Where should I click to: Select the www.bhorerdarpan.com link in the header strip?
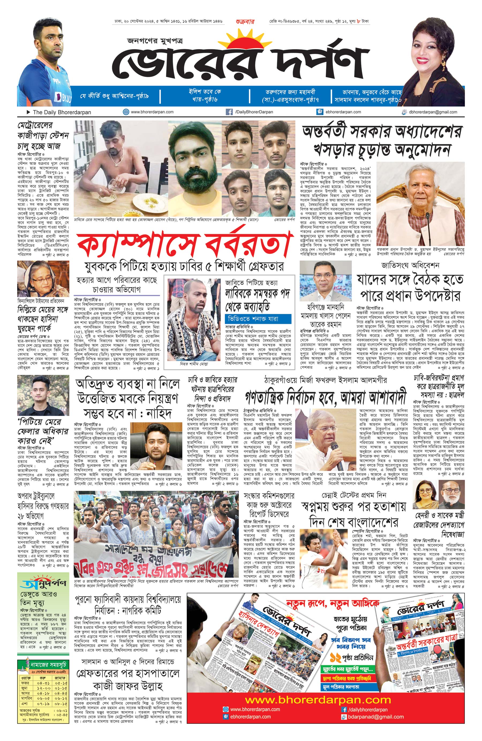152,112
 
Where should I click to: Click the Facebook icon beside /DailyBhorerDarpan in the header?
229,112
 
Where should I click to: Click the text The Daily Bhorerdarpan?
62,112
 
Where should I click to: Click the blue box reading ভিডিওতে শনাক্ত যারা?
258,319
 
